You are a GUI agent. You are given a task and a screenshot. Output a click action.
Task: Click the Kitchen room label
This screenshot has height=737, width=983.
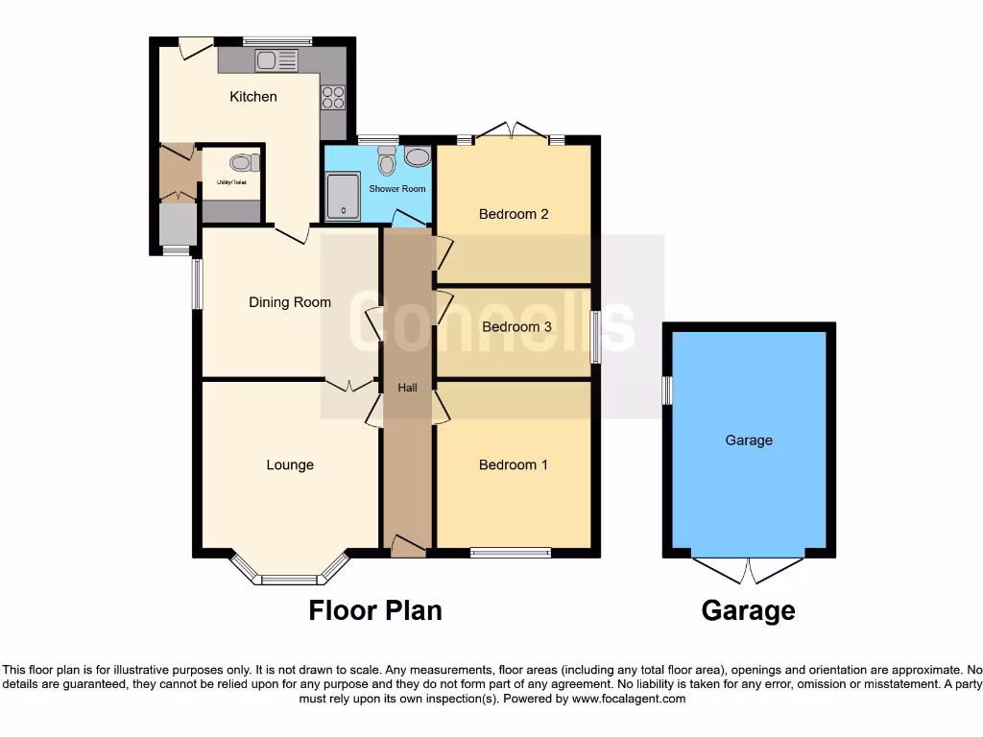click(252, 96)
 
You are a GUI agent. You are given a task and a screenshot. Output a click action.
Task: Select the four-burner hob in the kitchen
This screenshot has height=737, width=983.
click(332, 96)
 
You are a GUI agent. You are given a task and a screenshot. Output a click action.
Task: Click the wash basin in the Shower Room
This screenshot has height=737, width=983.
click(418, 156)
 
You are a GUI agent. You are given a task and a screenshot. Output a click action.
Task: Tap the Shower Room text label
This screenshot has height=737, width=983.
click(396, 189)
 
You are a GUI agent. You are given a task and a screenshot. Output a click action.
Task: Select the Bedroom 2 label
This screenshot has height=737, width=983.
click(514, 214)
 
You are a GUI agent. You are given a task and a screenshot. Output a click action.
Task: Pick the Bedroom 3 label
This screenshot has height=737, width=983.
click(516, 327)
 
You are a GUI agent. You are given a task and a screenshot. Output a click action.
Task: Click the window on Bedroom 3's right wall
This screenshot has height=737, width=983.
click(595, 337)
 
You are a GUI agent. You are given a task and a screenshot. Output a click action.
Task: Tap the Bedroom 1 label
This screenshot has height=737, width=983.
click(514, 465)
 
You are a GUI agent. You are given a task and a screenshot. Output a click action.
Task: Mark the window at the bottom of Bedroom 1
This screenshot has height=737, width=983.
click(511, 552)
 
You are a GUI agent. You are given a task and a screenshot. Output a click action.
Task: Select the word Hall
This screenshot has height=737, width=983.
click(408, 388)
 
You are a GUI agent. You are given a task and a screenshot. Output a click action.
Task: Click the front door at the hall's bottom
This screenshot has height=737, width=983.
click(408, 548)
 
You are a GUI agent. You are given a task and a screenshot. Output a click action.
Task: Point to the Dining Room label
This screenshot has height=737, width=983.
click(290, 302)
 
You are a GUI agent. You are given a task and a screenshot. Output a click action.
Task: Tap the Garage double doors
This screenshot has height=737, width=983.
click(749, 569)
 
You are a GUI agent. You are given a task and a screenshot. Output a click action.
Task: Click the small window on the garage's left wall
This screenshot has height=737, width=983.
click(667, 391)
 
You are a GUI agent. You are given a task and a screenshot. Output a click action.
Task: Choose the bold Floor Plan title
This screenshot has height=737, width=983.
click(375, 610)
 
